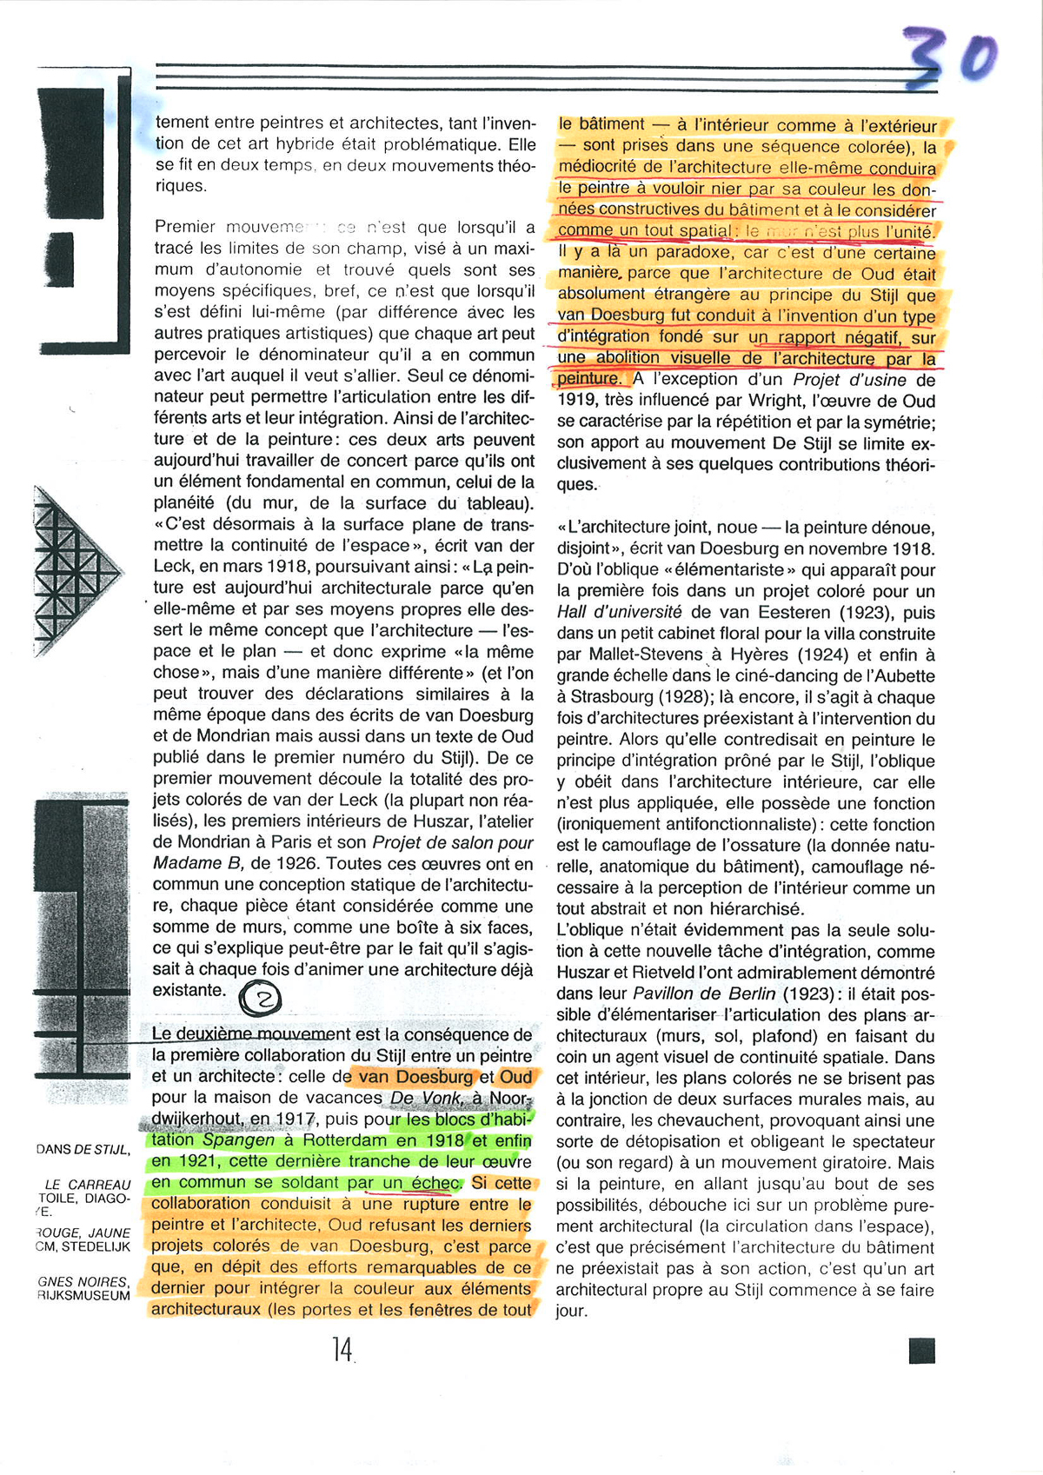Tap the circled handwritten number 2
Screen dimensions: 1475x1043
pos(260,999)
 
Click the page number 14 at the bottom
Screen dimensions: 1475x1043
pos(342,1349)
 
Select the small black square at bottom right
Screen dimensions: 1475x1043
pos(921,1351)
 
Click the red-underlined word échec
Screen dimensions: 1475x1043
pos(435,1182)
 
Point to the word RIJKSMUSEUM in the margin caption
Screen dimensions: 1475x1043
pos(83,1295)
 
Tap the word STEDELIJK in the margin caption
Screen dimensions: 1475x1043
pos(96,1246)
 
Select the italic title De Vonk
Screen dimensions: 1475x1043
pos(427,1098)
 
